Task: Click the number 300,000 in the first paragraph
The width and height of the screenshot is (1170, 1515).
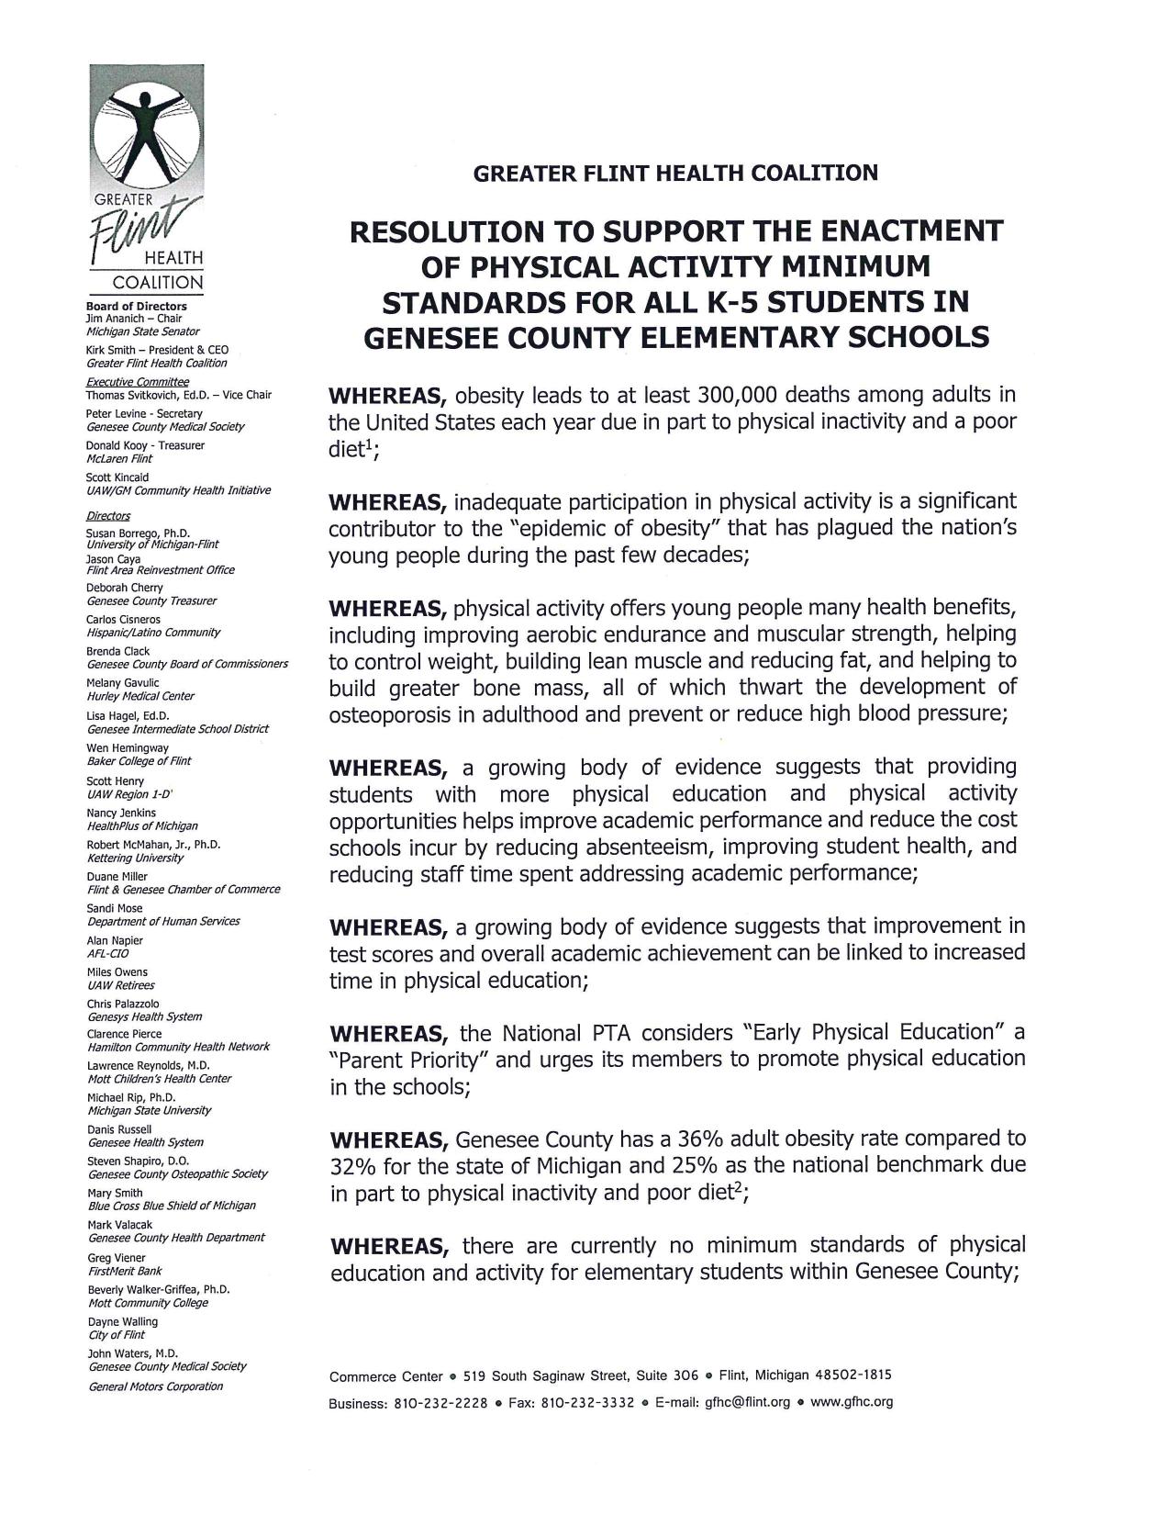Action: pyautogui.click(x=738, y=396)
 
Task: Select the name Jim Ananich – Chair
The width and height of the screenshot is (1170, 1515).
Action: pyautogui.click(x=134, y=319)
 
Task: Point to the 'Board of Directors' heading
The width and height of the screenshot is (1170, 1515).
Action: pyautogui.click(x=137, y=306)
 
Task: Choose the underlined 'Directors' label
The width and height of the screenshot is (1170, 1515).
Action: pyautogui.click(x=108, y=516)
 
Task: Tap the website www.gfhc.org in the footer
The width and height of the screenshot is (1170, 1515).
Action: pyautogui.click(x=852, y=1403)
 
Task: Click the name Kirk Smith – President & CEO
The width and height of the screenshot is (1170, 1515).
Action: pyautogui.click(x=157, y=350)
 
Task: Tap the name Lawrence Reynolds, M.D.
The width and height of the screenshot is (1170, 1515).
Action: pyautogui.click(x=148, y=1066)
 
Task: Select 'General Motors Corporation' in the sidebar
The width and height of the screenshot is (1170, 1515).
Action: pyautogui.click(x=155, y=1386)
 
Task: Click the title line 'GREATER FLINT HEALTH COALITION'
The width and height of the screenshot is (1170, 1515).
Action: pyautogui.click(x=675, y=173)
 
